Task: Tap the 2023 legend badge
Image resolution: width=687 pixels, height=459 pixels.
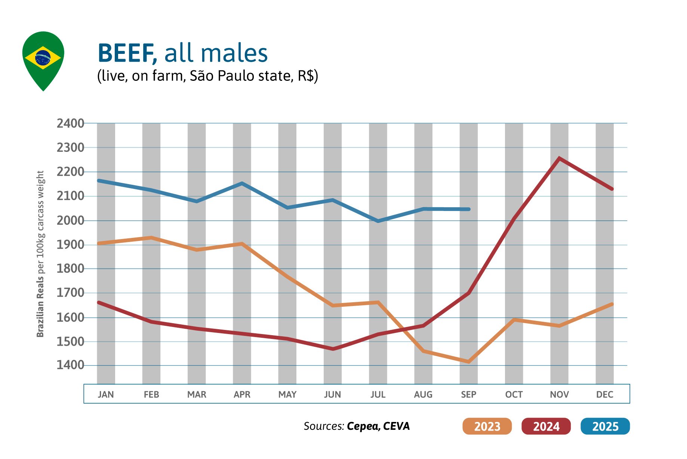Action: [487, 426]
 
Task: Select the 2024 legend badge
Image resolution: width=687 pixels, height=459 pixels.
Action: [546, 426]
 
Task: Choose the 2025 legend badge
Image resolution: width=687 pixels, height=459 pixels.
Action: [605, 426]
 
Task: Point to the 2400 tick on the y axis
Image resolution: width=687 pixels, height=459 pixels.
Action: [70, 123]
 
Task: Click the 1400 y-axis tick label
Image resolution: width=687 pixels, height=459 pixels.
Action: [70, 365]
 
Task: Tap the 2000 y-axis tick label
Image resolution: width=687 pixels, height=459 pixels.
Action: [70, 220]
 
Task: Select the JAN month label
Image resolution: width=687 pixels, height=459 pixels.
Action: [106, 394]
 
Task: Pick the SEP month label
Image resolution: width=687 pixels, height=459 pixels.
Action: [469, 394]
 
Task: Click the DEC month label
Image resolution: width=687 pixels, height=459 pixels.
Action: [604, 394]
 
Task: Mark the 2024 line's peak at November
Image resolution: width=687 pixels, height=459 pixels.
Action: [559, 158]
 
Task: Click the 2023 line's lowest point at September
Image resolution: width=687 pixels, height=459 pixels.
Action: [469, 362]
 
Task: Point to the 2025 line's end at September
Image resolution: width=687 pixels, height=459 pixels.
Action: [469, 209]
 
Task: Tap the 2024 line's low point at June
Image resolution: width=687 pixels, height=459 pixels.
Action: [333, 349]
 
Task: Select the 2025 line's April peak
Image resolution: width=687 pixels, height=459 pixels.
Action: [242, 183]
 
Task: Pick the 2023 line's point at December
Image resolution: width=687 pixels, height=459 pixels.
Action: [612, 304]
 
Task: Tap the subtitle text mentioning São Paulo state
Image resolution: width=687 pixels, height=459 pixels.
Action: [207, 76]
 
